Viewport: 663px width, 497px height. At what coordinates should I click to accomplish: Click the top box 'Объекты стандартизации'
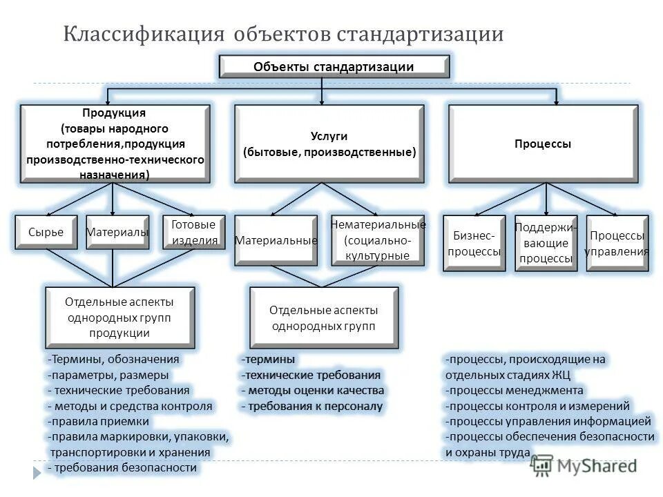(x=334, y=66)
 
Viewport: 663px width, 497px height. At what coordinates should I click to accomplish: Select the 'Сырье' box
(x=47, y=233)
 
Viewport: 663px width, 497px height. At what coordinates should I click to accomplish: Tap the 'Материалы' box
(x=117, y=233)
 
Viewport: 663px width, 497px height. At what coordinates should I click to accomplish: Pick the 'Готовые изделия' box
(x=193, y=233)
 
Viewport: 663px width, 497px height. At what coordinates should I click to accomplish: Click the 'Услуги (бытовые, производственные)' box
(x=329, y=144)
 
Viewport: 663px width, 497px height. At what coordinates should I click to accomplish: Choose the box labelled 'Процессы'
(x=543, y=144)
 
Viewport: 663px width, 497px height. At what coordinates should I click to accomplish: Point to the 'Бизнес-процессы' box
(x=474, y=243)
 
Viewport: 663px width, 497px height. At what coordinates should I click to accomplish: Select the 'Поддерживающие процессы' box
(x=546, y=243)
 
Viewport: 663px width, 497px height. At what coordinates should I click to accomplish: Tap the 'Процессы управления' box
(x=617, y=243)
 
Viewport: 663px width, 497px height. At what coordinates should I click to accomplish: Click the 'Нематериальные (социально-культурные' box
(x=377, y=240)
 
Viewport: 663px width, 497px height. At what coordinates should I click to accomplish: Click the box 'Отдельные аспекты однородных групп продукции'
(x=119, y=317)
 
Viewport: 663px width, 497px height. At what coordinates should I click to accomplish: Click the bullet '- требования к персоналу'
(x=311, y=406)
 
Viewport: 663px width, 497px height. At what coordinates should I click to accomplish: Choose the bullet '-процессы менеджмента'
(x=515, y=390)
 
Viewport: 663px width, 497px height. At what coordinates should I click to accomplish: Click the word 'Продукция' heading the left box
(x=115, y=113)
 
